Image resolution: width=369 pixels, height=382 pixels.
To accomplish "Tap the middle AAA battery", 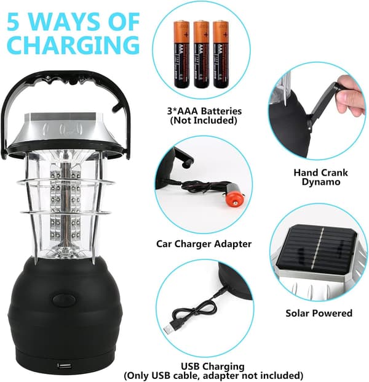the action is [202, 54].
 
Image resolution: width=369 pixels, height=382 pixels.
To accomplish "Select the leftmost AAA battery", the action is [181, 54].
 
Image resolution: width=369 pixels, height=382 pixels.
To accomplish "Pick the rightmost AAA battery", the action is [221, 54].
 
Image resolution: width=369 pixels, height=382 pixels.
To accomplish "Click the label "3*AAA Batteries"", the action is [204, 111].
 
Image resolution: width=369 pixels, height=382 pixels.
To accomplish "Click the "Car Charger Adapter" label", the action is [204, 243].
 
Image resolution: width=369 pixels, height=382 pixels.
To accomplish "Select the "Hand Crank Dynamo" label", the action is [320, 177].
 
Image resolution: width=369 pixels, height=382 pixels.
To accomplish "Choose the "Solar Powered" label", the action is [319, 313].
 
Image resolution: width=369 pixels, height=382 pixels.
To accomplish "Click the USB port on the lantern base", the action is [65, 366].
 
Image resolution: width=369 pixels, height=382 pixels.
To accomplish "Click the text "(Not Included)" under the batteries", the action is [204, 120].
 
